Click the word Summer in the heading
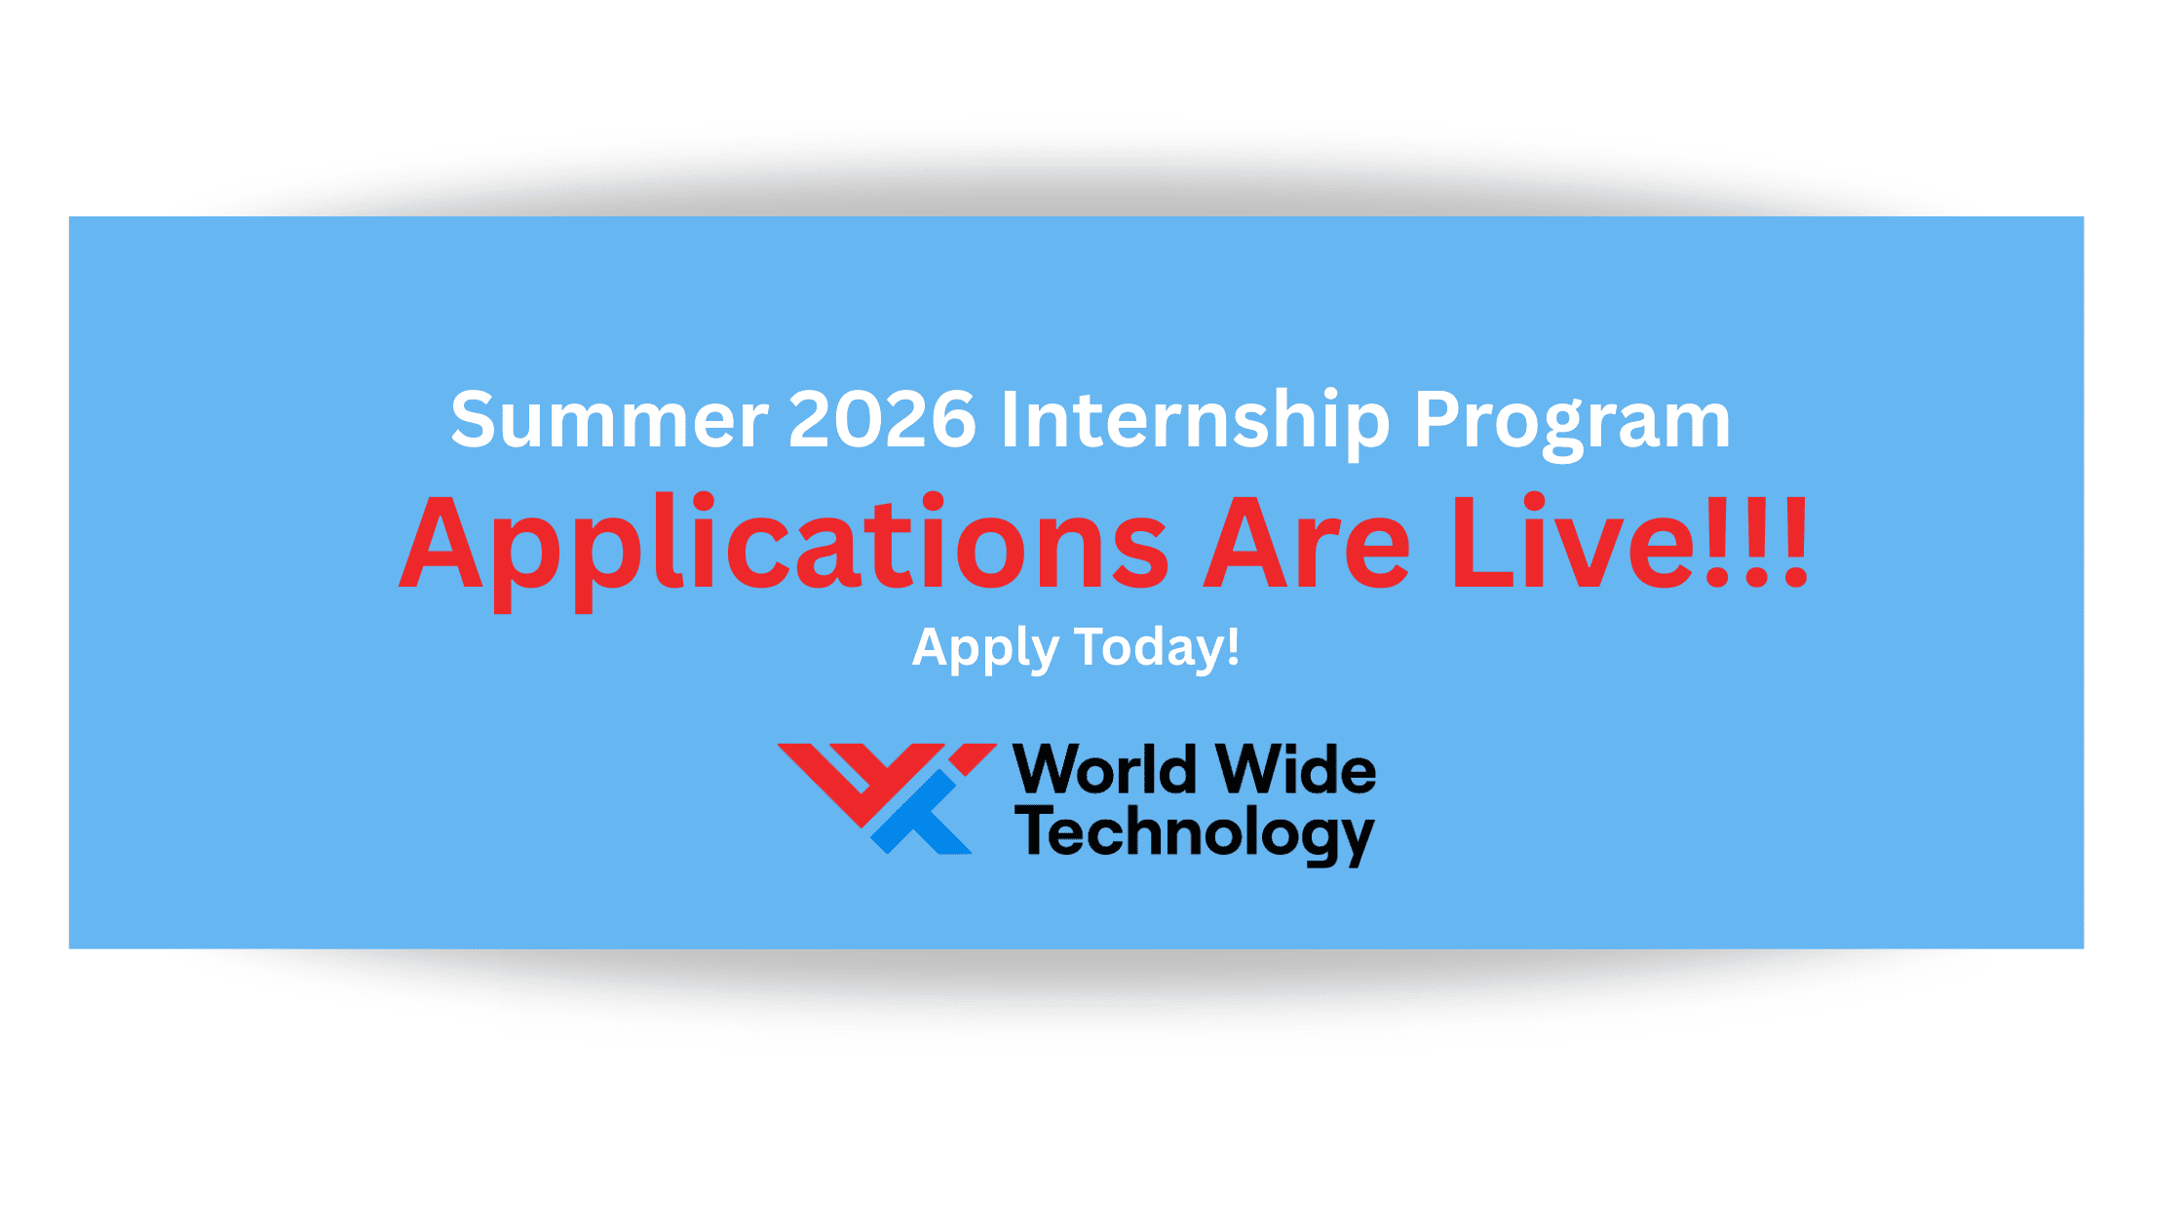click(609, 419)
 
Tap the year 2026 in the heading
click(882, 419)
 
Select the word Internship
click(1195, 421)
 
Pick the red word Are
click(1306, 543)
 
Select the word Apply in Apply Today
click(985, 649)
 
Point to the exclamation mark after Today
click(1233, 645)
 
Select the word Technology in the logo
click(1195, 835)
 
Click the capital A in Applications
click(440, 543)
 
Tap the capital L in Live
click(1483, 543)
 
